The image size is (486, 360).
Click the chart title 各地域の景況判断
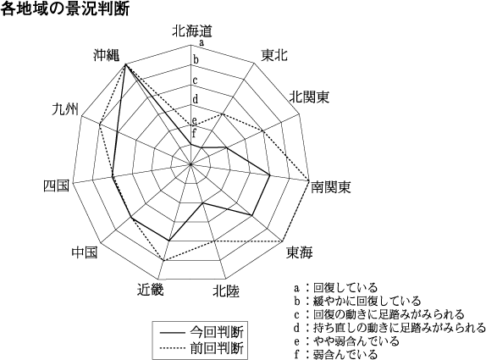65,9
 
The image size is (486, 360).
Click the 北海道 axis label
192,31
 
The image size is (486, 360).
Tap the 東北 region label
274,56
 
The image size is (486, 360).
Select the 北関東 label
309,97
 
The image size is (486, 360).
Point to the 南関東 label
330,187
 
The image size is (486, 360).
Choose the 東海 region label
299,252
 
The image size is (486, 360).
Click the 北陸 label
226,291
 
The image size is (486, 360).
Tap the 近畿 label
151,290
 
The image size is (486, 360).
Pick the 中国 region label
85,252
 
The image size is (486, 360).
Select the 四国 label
56,186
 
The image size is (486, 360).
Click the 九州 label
65,109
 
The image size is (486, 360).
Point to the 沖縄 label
107,55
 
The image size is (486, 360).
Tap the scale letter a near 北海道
202,43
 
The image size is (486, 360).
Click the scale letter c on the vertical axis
195,80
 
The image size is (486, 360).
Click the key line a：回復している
335,288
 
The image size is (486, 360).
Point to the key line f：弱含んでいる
335,354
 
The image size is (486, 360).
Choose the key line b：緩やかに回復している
357,301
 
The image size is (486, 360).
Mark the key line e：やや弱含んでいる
346,341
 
